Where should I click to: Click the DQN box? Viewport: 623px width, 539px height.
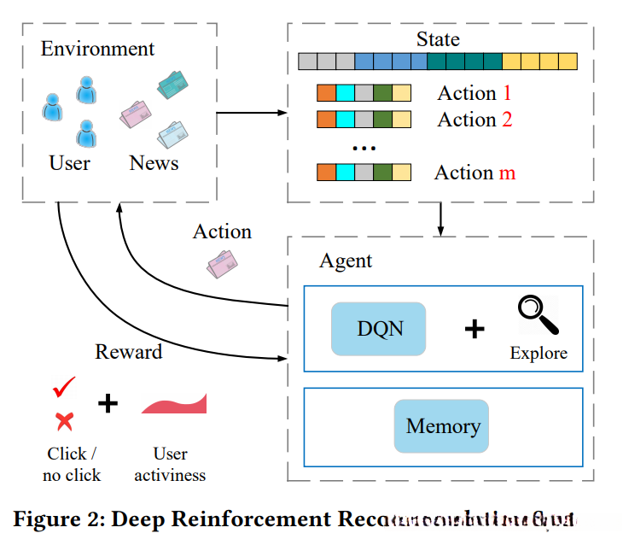tap(378, 328)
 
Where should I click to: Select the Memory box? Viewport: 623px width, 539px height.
tap(441, 425)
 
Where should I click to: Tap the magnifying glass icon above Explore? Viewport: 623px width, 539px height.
tap(538, 316)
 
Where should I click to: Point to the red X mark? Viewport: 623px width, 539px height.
tap(63, 420)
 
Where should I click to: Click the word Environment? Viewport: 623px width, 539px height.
tap(98, 49)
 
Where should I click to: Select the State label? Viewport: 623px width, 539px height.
tap(438, 39)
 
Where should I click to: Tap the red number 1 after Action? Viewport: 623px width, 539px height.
tap(506, 92)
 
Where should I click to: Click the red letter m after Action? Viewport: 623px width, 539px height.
tap(507, 173)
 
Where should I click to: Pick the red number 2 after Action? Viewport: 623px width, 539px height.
tap(507, 120)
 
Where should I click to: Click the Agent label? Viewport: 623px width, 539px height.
tap(346, 261)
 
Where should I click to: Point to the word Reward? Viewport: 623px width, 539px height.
tap(128, 352)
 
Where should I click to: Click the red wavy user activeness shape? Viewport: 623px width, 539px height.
tap(173, 403)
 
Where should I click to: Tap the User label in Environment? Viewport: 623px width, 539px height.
tap(69, 162)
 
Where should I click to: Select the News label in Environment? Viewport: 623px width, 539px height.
tap(154, 162)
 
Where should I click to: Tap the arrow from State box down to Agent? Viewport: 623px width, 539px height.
tap(440, 220)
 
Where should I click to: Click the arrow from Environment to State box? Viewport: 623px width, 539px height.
tap(253, 113)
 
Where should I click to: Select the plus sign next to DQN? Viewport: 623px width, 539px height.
tap(474, 328)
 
